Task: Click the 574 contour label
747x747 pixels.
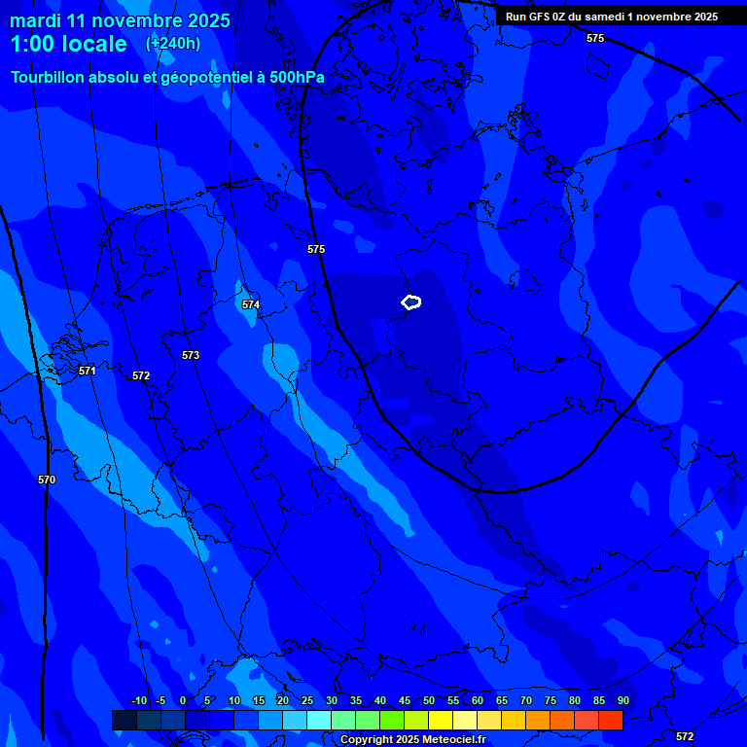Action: pyautogui.click(x=251, y=304)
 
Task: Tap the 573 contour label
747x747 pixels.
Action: pyautogui.click(x=191, y=355)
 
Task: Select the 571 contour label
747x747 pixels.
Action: pyautogui.click(x=88, y=371)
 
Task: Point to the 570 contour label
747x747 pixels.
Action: pyautogui.click(x=47, y=480)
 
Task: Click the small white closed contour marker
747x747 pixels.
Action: pyautogui.click(x=411, y=302)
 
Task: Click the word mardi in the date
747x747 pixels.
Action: pyautogui.click(x=35, y=20)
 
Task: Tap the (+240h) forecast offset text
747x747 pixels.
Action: pyautogui.click(x=173, y=43)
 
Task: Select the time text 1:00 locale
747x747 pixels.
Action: pyautogui.click(x=68, y=44)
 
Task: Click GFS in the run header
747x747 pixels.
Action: pyautogui.click(x=541, y=17)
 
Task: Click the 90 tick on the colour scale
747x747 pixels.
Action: pyautogui.click(x=622, y=700)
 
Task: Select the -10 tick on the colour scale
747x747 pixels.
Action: pyautogui.click(x=138, y=700)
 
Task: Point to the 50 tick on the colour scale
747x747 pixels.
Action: pyautogui.click(x=429, y=700)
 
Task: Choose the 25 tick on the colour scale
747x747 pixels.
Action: pyautogui.click(x=307, y=700)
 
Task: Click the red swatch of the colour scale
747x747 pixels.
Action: pyautogui.click(x=610, y=720)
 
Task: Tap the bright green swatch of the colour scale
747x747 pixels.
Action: pyautogui.click(x=391, y=720)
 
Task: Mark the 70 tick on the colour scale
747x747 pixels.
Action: pyautogui.click(x=526, y=700)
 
